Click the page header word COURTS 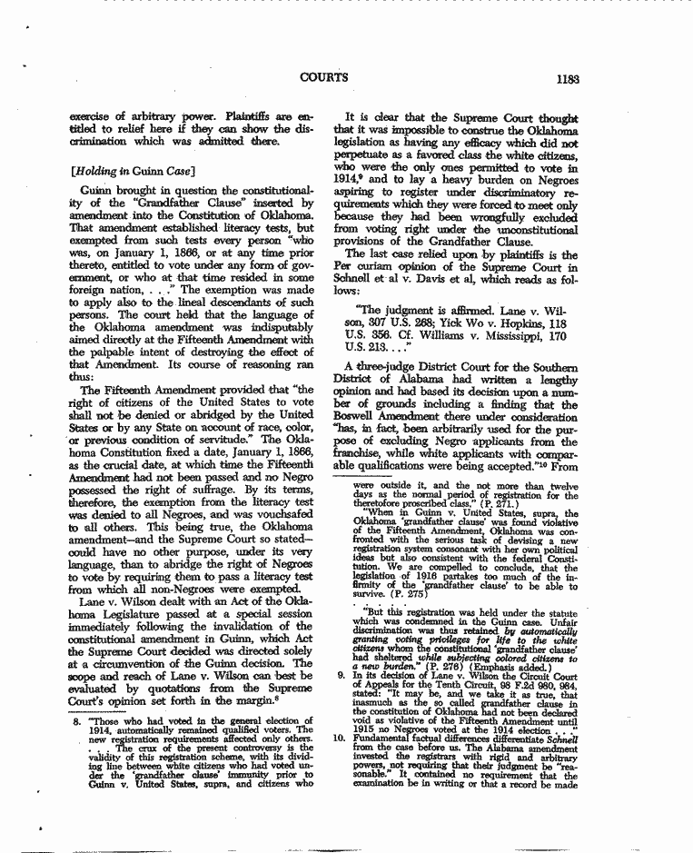click(x=323, y=77)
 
